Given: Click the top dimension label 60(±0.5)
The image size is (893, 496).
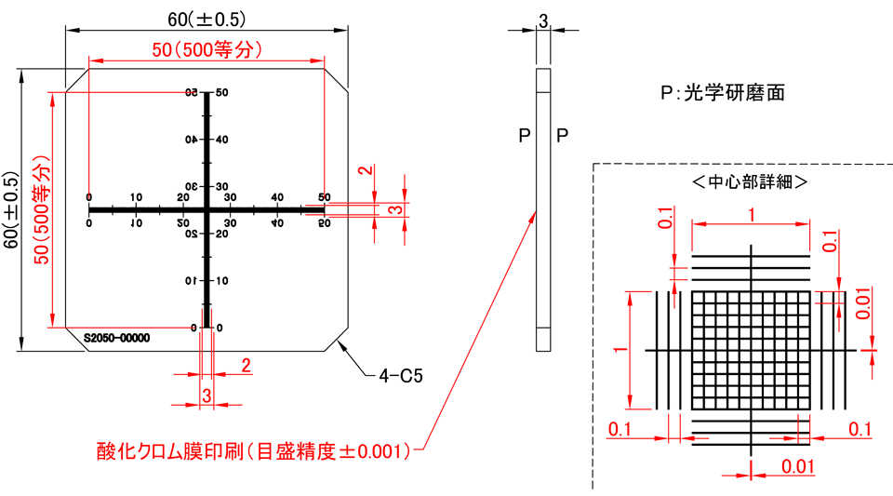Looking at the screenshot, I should [x=207, y=19].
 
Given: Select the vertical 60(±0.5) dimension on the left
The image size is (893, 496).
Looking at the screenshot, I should [x=10, y=210].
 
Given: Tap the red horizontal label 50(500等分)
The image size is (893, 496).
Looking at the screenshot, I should [x=207, y=50].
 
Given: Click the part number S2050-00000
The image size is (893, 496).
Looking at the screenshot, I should [x=115, y=338].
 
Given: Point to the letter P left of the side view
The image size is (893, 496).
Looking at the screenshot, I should [x=524, y=137].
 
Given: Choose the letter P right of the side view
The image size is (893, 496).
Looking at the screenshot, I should [x=562, y=137].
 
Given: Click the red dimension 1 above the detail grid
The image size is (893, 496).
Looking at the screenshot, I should [x=751, y=213].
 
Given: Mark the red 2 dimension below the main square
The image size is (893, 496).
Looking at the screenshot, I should [x=246, y=365].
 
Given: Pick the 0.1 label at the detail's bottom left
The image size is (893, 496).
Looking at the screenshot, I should [x=620, y=429].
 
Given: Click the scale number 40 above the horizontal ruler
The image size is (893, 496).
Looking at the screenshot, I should [x=276, y=196].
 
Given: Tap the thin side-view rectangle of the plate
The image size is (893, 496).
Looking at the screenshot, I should [x=543, y=210].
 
